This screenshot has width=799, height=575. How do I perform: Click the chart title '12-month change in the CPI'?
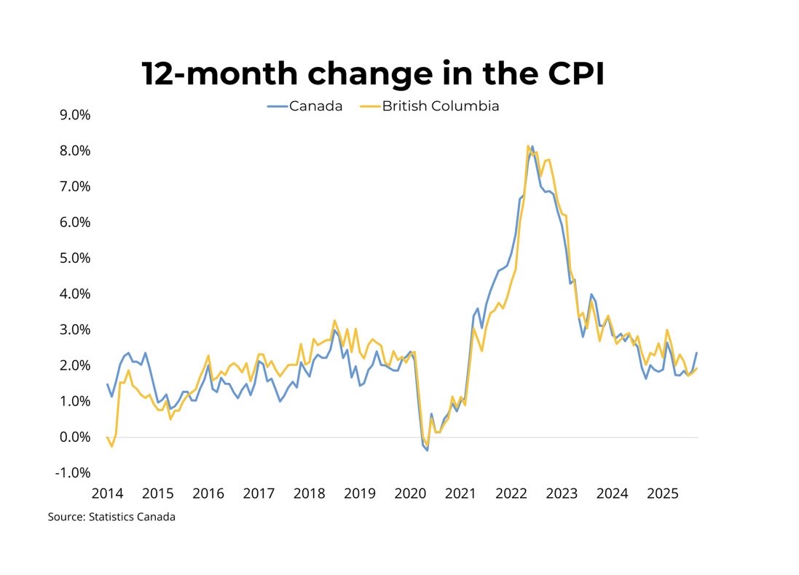tap(372, 74)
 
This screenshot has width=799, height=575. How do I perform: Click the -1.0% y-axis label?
tap(69, 473)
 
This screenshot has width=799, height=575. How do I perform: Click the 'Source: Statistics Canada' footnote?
tap(111, 517)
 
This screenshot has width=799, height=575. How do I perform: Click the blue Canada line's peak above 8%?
tap(532, 146)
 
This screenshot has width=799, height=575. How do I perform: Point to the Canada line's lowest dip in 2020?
tap(427, 451)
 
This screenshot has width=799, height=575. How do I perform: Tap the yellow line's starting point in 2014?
tap(107, 437)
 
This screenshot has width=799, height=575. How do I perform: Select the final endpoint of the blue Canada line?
tap(696, 353)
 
